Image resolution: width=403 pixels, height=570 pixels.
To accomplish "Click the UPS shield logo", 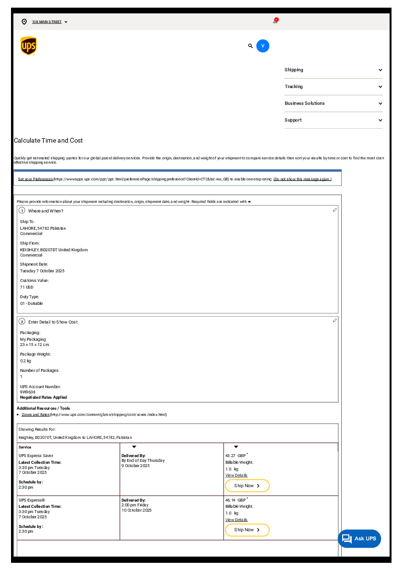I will pyautogui.click(x=29, y=46).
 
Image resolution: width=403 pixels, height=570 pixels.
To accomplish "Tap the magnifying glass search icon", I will pyautogui.click(x=250, y=46).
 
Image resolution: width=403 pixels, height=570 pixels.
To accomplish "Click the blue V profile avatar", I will pyautogui.click(x=263, y=46).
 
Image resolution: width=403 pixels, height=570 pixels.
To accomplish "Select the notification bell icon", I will pyautogui.click(x=276, y=21).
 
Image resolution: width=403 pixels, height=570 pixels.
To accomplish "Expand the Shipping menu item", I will pyautogui.click(x=333, y=70).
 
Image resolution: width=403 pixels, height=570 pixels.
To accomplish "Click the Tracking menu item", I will pyautogui.click(x=333, y=87).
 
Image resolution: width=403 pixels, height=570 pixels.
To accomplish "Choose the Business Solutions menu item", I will pyautogui.click(x=333, y=103).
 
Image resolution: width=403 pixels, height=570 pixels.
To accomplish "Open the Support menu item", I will pyautogui.click(x=333, y=120).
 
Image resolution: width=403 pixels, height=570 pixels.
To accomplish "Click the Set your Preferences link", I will pyautogui.click(x=35, y=179).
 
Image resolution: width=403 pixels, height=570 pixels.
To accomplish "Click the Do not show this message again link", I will pyautogui.click(x=302, y=179).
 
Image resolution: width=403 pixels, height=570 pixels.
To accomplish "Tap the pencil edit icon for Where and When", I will pyautogui.click(x=335, y=210).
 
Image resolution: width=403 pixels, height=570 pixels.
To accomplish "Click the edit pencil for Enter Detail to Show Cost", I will pyautogui.click(x=335, y=321).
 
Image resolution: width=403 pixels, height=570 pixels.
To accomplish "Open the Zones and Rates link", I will pyautogui.click(x=35, y=414).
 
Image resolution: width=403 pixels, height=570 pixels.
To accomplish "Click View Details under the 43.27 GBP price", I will pyautogui.click(x=236, y=475).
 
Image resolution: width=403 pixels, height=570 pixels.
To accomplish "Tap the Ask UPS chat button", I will pyautogui.click(x=359, y=538).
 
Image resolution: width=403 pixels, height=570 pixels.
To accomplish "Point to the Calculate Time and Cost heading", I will pyautogui.click(x=48, y=141).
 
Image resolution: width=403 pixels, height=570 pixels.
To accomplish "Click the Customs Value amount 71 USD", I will pyautogui.click(x=27, y=287).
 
